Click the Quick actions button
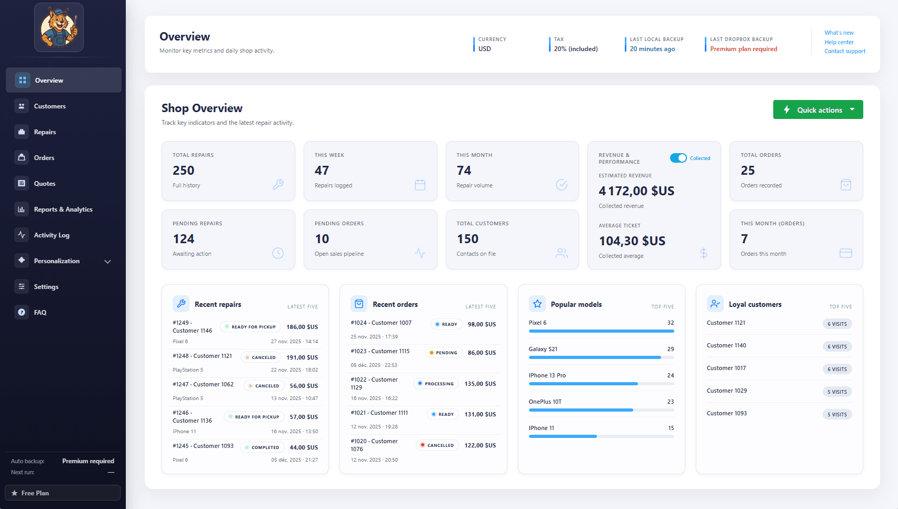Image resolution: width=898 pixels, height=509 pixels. (817, 109)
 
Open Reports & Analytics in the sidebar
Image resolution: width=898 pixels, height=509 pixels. (63, 209)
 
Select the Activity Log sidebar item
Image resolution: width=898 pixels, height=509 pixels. (52, 235)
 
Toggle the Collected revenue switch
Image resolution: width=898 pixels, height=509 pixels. (678, 158)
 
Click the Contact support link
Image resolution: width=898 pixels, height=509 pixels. (844, 51)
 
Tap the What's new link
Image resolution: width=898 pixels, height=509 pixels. (839, 33)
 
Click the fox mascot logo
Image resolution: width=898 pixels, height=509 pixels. (59, 27)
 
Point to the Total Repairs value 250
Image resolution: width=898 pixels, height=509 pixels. (184, 171)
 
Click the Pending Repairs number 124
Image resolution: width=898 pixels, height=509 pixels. (184, 239)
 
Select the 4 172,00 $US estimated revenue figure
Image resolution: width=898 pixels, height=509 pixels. (636, 191)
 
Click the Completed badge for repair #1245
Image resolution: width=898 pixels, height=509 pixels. (263, 447)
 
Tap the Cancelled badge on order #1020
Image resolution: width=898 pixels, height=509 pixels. (437, 445)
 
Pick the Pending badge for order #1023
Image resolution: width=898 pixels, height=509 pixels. (443, 353)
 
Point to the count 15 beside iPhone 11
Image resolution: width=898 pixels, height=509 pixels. (671, 428)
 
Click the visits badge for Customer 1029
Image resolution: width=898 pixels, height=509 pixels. (837, 392)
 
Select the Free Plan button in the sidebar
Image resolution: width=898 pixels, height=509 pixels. (63, 493)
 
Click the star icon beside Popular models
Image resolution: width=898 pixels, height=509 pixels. (537, 304)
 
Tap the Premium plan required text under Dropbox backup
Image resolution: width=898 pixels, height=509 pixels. (743, 49)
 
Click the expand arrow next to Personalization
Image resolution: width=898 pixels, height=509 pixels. (108, 262)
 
